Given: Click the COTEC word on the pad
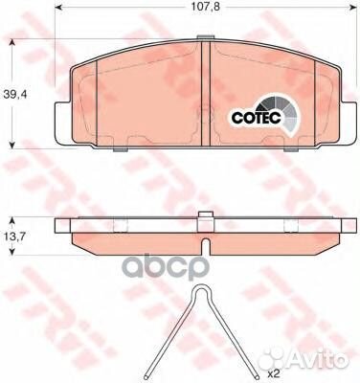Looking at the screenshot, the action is [x=256, y=118].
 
